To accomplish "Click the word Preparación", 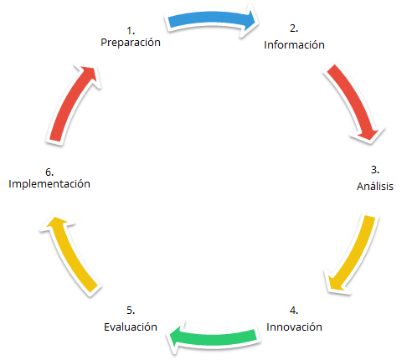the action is pos(131,43).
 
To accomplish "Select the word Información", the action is pos(294,44).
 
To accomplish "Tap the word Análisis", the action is pos(375,186).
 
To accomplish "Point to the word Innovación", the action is pos(294,327).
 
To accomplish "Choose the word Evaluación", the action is pos(131,327).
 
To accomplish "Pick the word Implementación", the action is pos(49,184).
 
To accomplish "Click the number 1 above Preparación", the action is pos(131,30).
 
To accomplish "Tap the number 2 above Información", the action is pos(294,28).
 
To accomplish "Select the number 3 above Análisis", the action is pos(375,170).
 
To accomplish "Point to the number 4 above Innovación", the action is pos(294,311).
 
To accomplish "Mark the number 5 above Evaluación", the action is pos(131,311).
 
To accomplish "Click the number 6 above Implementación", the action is pos(49,172).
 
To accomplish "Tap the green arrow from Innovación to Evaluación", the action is pos(214,337).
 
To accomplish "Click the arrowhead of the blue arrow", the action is pos(249,20).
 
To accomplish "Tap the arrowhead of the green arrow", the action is pos(176,337).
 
